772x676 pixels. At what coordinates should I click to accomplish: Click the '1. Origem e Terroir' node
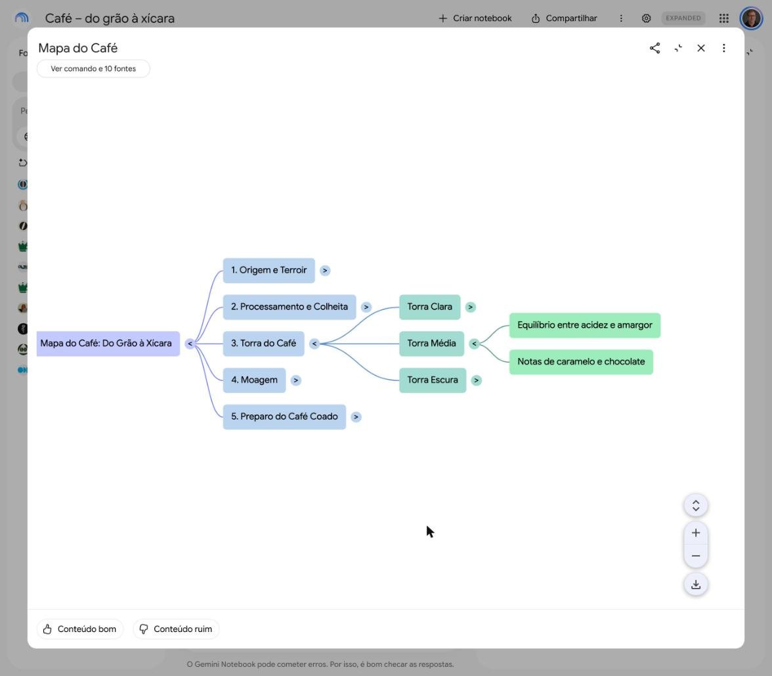(269, 271)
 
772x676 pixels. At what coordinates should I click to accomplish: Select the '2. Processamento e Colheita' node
(289, 307)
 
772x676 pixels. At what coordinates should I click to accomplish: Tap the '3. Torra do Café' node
(263, 344)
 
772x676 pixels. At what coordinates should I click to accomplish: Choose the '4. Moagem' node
(254, 380)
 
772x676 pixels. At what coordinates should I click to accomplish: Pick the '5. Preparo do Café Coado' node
(285, 417)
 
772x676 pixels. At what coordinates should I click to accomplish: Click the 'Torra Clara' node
(430, 307)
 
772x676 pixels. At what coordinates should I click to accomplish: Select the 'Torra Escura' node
(433, 380)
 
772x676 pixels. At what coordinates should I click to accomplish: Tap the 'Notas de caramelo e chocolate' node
(581, 361)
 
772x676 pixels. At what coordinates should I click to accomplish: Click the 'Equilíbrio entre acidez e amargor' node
(585, 325)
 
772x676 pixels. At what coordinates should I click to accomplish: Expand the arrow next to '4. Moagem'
(296, 380)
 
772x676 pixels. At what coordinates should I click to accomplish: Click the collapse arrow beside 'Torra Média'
(474, 344)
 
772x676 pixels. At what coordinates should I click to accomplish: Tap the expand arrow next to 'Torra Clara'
(471, 307)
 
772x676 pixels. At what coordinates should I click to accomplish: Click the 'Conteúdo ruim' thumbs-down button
(176, 629)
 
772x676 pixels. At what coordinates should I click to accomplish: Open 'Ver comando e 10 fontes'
(93, 69)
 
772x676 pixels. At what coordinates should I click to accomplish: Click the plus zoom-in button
(696, 533)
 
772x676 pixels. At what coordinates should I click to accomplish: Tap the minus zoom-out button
(696, 556)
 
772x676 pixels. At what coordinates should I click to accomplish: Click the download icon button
(696, 585)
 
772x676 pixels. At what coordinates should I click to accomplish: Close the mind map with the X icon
(701, 48)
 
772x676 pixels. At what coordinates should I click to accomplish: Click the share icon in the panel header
(655, 48)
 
